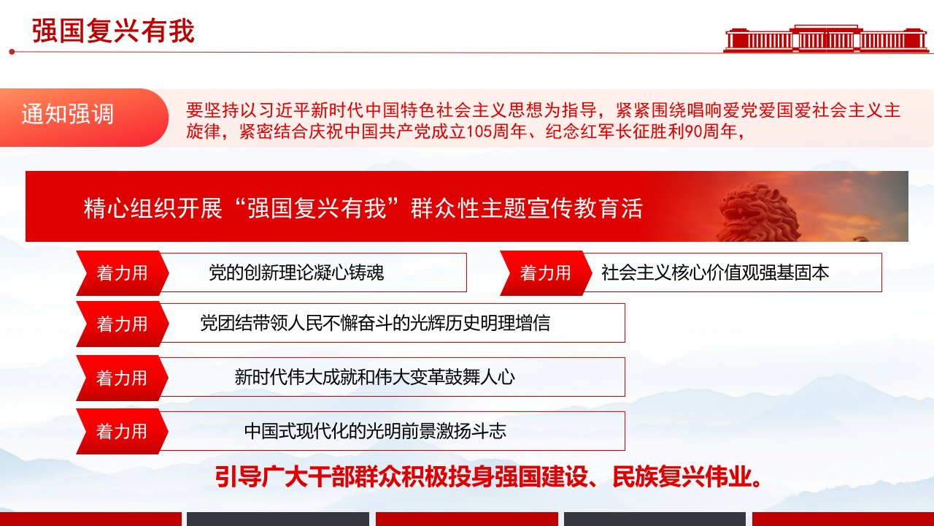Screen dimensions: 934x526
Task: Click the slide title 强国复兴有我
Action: point(113,31)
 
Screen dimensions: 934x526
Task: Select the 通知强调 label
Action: point(68,114)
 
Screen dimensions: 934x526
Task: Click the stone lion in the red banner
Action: point(759,213)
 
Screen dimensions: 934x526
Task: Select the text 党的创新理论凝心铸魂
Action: point(296,272)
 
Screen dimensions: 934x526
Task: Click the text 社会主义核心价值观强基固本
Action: point(715,272)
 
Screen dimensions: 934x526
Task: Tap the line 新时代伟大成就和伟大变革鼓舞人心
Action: point(374,377)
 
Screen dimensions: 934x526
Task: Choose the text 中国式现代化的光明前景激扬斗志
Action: point(375,431)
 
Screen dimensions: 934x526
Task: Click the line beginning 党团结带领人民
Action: point(375,323)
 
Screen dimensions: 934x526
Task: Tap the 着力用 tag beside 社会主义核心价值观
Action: point(545,273)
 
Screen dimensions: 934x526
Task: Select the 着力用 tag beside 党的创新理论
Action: point(122,273)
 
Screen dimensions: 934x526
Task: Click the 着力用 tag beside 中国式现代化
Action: point(122,432)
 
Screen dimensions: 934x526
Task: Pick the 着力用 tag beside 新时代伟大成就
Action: point(122,378)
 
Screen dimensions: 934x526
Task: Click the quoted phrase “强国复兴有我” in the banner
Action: point(317,208)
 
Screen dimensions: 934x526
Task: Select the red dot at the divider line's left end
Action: point(12,52)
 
